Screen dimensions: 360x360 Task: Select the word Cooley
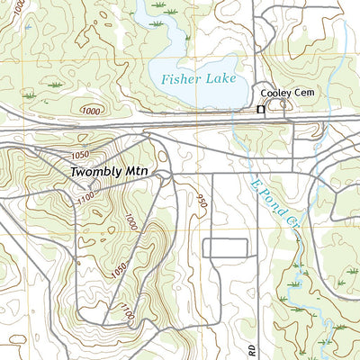pyautogui.click(x=277, y=94)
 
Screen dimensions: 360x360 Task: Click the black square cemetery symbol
pyautogui.click(x=261, y=109)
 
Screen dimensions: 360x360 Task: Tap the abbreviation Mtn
pyautogui.click(x=138, y=171)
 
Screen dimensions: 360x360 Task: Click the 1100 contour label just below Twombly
pyautogui.click(x=88, y=195)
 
